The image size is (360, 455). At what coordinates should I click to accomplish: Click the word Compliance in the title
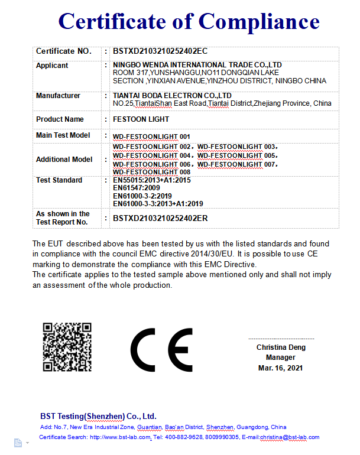point(259,21)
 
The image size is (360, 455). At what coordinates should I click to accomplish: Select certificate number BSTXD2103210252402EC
point(160,51)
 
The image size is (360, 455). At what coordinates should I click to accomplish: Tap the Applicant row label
point(52,66)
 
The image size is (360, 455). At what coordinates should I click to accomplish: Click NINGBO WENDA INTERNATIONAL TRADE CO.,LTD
point(197,64)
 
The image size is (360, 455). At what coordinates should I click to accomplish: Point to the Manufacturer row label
point(58,96)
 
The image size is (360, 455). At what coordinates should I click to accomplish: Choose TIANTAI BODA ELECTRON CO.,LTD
point(171,95)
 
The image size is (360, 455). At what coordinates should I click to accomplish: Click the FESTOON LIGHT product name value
point(140,119)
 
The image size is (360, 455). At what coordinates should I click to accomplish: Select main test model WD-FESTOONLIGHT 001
point(151,136)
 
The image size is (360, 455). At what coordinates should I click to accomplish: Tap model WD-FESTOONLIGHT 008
point(151,172)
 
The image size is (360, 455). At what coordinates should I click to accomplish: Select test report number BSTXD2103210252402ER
point(160,218)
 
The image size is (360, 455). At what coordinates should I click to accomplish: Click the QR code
point(67,346)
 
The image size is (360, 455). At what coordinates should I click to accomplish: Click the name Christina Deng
point(281,347)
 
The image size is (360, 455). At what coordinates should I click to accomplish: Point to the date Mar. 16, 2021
point(281,368)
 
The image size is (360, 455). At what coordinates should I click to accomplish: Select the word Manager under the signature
point(281,357)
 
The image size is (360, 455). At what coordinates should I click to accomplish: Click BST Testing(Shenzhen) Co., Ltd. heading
point(98,416)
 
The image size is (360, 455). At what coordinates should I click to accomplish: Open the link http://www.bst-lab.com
point(120,437)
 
